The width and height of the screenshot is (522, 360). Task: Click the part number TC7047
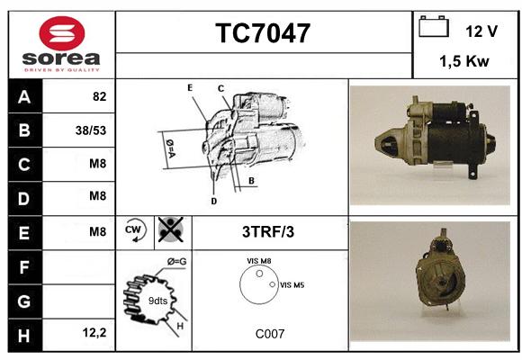point(263,32)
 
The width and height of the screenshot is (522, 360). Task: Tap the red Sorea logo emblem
point(62,33)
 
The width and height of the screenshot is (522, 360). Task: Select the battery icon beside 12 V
point(434,26)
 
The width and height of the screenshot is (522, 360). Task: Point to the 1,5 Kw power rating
point(464,61)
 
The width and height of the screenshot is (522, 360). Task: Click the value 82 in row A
point(100,96)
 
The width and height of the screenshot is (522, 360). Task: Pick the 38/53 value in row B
point(91,130)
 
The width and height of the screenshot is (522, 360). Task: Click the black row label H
point(25,335)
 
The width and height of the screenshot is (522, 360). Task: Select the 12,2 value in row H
point(94,332)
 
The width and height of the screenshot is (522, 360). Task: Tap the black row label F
point(25,267)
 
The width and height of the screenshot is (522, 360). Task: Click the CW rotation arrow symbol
point(134,230)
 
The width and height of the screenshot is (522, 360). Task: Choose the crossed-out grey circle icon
point(171,229)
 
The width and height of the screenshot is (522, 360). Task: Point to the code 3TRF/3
point(268,232)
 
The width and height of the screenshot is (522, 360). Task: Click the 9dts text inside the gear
point(157,301)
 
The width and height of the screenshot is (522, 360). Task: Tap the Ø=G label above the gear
point(176,262)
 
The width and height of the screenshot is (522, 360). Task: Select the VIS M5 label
point(292,285)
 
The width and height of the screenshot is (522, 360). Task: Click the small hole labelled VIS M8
point(259,274)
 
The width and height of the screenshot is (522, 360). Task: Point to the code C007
point(270,334)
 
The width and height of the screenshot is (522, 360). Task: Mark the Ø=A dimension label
point(170,148)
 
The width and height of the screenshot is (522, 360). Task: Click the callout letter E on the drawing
point(190,87)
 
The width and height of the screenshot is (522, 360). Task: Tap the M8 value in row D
point(97,196)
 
